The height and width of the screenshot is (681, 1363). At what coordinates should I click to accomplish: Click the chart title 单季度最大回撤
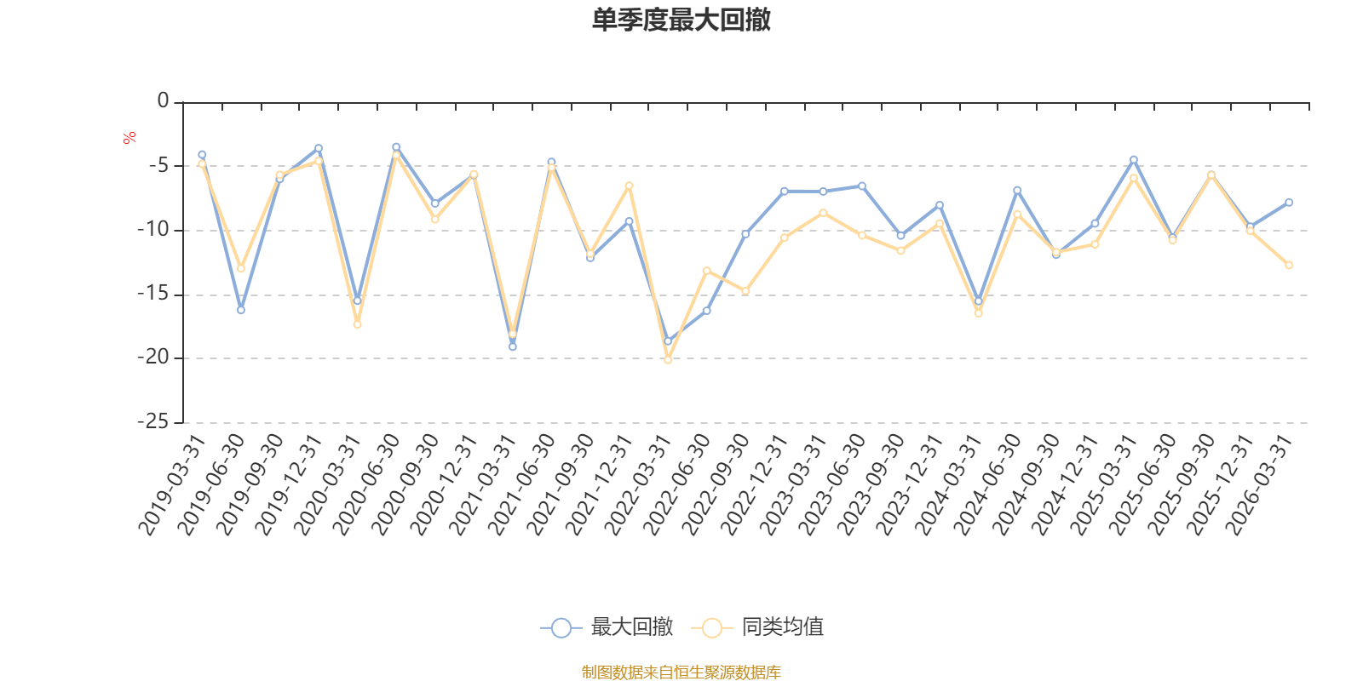pyautogui.click(x=681, y=20)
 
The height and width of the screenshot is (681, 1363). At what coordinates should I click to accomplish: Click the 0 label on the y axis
pyautogui.click(x=163, y=101)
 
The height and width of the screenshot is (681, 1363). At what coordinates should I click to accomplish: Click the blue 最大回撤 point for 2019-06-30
pyautogui.click(x=241, y=310)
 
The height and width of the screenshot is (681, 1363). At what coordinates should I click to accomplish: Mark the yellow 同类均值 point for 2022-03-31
pyautogui.click(x=668, y=360)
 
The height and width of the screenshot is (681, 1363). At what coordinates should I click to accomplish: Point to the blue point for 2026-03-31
pyautogui.click(x=1289, y=203)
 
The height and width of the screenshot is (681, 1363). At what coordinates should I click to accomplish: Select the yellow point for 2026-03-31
pyautogui.click(x=1289, y=265)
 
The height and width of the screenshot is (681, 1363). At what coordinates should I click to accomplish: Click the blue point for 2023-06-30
pyautogui.click(x=862, y=186)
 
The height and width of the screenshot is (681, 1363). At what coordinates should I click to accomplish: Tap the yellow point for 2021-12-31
pyautogui.click(x=630, y=186)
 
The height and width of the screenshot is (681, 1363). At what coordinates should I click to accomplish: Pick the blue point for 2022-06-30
pyautogui.click(x=707, y=311)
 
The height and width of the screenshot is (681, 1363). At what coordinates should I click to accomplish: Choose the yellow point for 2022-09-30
pyautogui.click(x=745, y=291)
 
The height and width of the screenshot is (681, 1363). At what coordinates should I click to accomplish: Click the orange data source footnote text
pyautogui.click(x=681, y=672)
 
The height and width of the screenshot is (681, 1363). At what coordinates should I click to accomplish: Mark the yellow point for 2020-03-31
pyautogui.click(x=358, y=324)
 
